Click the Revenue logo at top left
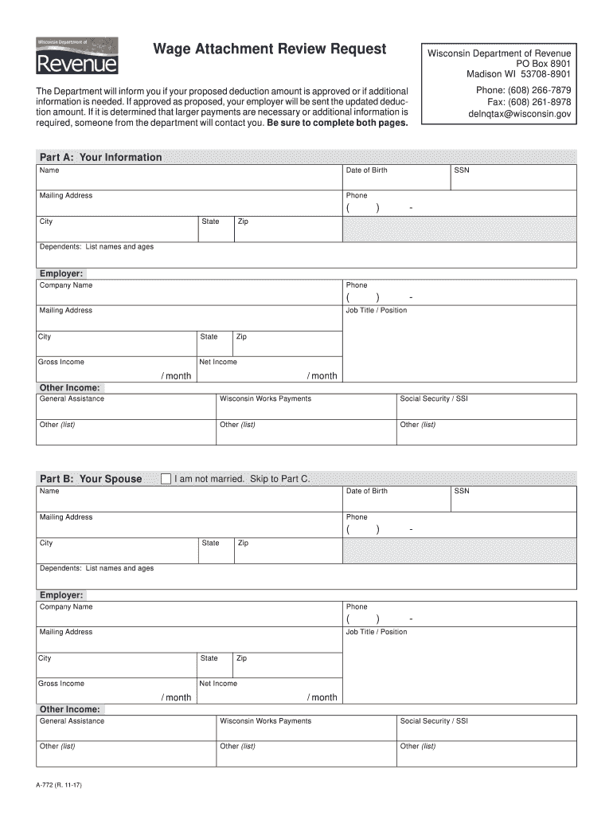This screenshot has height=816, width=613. pos(77,57)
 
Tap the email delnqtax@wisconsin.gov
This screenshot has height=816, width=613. pos(519,114)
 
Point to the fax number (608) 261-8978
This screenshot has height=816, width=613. pos(529,102)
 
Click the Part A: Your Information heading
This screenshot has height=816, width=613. pos(100,157)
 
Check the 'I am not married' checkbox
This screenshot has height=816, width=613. pos(166,479)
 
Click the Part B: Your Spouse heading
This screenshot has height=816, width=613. pos(91,479)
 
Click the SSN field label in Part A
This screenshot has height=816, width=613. pos(462,171)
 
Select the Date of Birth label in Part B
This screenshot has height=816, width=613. pos(366,491)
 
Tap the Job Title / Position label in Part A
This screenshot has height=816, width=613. pos(376,311)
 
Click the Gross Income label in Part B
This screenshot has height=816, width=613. pos(61,684)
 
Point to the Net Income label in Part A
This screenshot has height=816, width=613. pos(218,362)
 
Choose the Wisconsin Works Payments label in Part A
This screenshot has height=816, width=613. pos(265,398)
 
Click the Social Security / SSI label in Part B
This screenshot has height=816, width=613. pos(434,721)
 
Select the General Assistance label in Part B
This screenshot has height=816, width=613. pos(72,721)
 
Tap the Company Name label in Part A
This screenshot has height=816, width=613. pos(66,285)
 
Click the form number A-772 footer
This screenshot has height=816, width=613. pos(58,785)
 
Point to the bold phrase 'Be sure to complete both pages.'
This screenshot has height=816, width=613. pos(338,124)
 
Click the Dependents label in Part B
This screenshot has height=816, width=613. pos(96,568)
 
